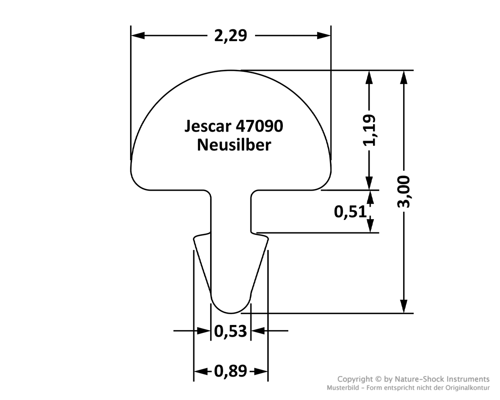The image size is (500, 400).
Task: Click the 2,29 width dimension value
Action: click(230, 36)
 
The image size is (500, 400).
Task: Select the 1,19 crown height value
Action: click(369, 130)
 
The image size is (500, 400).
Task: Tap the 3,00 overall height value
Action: click(404, 192)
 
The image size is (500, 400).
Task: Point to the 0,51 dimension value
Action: click(350, 212)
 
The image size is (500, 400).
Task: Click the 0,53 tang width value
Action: click(230, 331)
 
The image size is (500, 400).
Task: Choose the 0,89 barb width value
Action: click(230, 371)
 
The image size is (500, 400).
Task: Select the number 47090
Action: click(259, 126)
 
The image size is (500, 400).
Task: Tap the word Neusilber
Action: click(234, 145)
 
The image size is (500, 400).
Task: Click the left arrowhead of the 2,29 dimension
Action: click(138, 36)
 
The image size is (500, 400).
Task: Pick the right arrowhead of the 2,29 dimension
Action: click(324, 36)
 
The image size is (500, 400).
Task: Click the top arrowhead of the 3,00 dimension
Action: click(404, 77)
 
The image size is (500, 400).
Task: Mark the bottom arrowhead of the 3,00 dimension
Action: click(404, 306)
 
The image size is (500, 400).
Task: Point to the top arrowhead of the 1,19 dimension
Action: click(369, 77)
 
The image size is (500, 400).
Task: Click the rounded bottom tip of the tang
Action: click(231, 313)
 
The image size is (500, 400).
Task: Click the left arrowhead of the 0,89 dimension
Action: click(201, 371)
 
